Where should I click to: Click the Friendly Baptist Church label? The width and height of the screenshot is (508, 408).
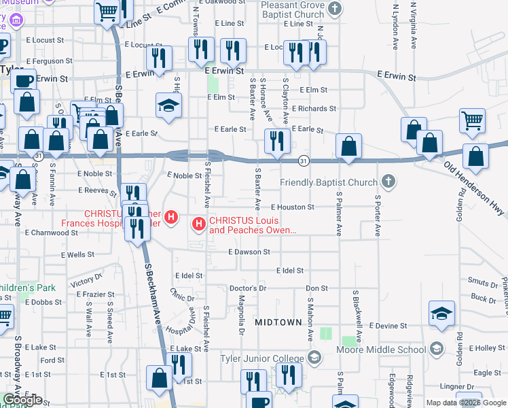pyautogui.click(x=329, y=182)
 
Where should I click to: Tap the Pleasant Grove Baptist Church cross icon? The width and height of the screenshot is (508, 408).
pyautogui.click(x=334, y=9)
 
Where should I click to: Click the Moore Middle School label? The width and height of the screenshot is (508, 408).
pyautogui.click(x=381, y=350)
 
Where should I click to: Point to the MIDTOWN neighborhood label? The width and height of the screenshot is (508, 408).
pyautogui.click(x=277, y=322)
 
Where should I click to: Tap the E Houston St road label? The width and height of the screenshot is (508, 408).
pyautogui.click(x=292, y=207)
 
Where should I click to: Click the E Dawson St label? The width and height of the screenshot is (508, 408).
pyautogui.click(x=249, y=252)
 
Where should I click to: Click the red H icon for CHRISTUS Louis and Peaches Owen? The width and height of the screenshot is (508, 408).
pyautogui.click(x=199, y=223)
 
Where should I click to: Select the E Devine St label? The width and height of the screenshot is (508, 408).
pyautogui.click(x=388, y=326)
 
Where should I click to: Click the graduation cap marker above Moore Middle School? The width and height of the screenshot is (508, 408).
pyautogui.click(x=441, y=313)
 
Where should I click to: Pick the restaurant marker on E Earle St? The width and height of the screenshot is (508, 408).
pyautogui.click(x=277, y=141)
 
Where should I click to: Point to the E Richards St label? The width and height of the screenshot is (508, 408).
pyautogui.click(x=313, y=109)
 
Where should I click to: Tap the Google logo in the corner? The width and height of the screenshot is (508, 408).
pyautogui.click(x=22, y=400)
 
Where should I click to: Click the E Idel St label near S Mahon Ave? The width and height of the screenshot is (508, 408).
pyautogui.click(x=289, y=271)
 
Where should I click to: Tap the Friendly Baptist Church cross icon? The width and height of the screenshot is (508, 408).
pyautogui.click(x=388, y=182)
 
